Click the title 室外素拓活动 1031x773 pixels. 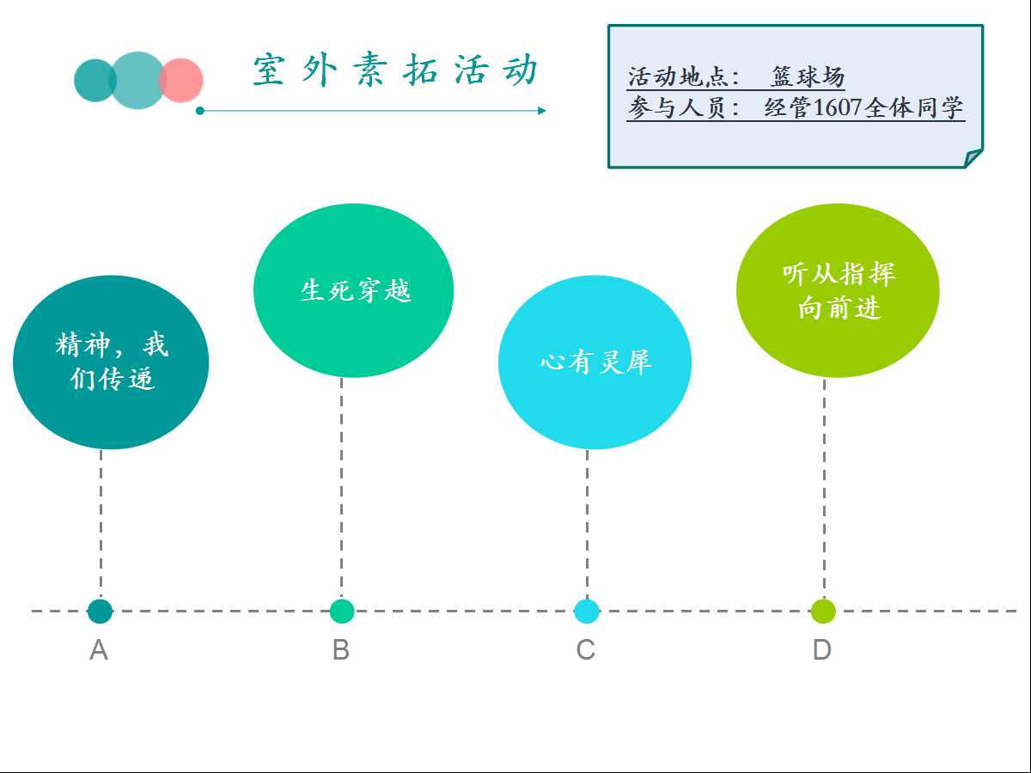point(395,70)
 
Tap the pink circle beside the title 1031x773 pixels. point(180,80)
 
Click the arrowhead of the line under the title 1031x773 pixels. point(542,111)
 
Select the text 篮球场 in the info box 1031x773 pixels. point(808,76)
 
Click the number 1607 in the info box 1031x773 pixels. point(838,107)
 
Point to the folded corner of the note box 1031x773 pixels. point(973,158)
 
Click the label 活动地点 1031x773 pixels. point(678,76)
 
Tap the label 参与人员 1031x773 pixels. point(678,107)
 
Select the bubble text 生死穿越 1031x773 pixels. point(356,290)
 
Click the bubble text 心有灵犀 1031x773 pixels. point(596,362)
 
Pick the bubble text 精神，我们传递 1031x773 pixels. point(112,361)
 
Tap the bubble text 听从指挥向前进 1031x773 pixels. point(839,291)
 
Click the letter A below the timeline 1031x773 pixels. point(99,650)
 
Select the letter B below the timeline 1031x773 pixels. point(341,650)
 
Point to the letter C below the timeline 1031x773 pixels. point(586,650)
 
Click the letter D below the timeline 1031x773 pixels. point(822,650)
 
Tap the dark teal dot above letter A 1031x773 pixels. point(100,611)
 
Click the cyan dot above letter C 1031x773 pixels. point(587,611)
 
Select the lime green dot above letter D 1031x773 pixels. point(823,611)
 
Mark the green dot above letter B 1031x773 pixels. point(342,611)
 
